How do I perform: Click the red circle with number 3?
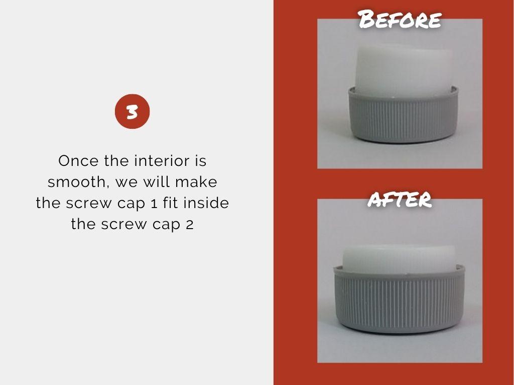[x=132, y=111]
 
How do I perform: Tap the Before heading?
[x=400, y=19]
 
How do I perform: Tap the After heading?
[x=400, y=199]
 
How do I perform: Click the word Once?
[x=78, y=161]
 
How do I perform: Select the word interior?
[x=162, y=161]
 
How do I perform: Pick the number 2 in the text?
[x=189, y=225]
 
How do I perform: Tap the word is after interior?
[x=200, y=161]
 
